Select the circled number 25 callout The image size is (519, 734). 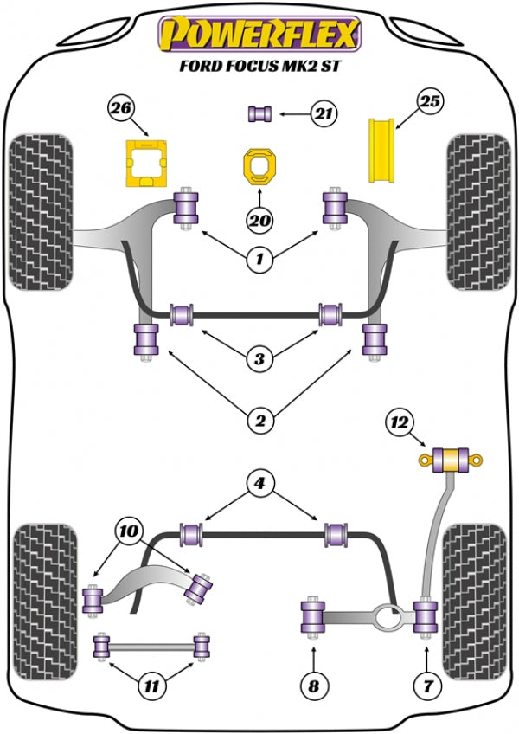click(430, 101)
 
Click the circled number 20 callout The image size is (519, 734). click(259, 221)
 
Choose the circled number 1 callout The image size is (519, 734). click(259, 257)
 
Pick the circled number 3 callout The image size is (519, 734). click(259, 357)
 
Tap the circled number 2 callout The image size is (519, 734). click(259, 421)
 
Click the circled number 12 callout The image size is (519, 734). click(399, 423)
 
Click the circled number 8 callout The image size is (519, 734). click(313, 687)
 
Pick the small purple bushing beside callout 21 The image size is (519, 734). click(260, 113)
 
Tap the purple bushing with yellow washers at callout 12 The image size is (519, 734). click(451, 458)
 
